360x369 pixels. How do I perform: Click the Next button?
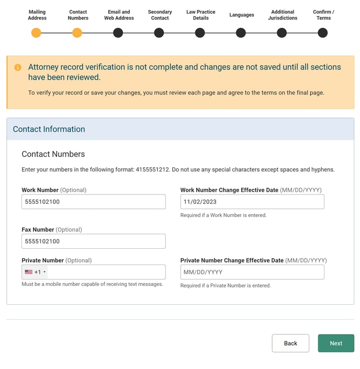coord(336,343)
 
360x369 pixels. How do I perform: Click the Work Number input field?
coord(94,202)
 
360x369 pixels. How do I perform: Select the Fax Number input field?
coord(94,241)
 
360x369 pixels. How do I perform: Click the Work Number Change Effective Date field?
coord(252,202)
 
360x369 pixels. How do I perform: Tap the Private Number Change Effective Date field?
coord(252,272)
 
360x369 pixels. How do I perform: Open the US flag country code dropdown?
coord(35,272)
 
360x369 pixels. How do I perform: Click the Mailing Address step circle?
coord(36,33)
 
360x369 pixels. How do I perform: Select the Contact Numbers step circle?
coord(77,33)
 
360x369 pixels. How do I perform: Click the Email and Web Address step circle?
coord(118,33)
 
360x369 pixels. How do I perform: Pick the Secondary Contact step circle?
coord(159,33)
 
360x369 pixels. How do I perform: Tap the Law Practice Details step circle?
coord(200,33)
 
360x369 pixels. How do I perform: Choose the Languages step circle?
coord(241,33)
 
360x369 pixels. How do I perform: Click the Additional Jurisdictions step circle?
coord(282,33)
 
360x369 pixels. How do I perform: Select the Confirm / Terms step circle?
coord(323,33)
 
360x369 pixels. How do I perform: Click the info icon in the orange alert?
coord(18,67)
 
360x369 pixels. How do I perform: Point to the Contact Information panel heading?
coord(49,129)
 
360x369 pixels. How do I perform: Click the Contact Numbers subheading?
coord(53,154)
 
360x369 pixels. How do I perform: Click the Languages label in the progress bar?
coord(242,15)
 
